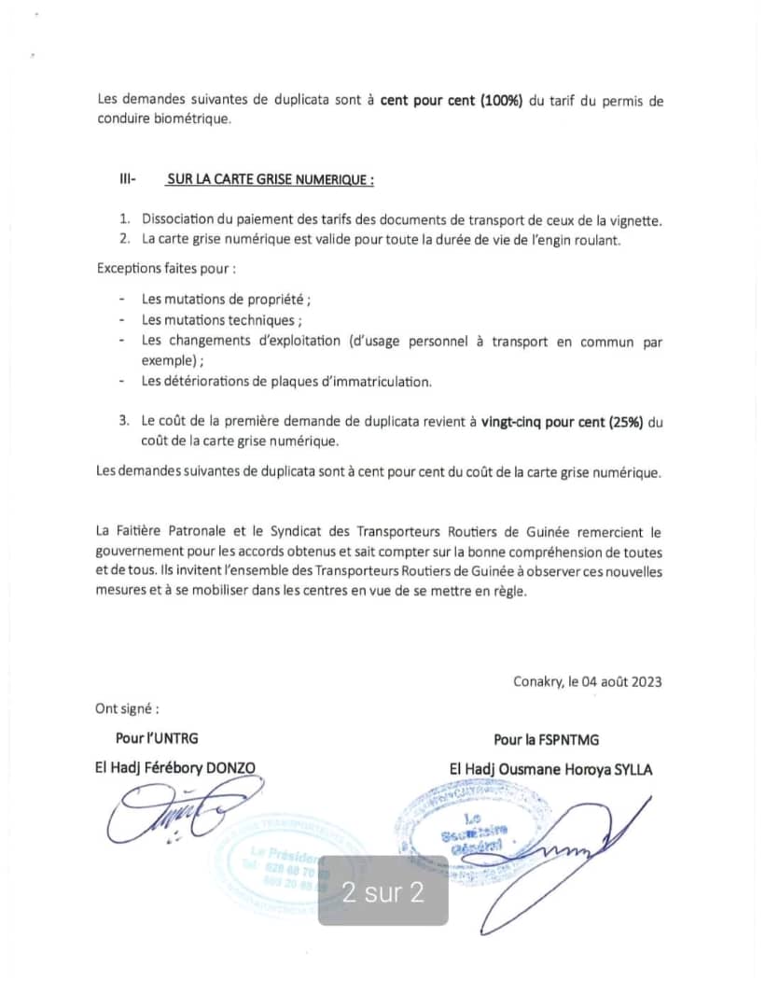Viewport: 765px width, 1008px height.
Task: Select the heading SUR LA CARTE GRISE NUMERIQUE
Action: pos(271,179)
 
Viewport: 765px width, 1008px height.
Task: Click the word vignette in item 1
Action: pos(634,220)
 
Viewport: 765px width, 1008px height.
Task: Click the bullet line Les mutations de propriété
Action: pos(226,300)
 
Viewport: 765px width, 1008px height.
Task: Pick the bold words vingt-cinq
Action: pos(514,422)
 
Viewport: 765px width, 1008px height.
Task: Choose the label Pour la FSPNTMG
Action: pos(546,739)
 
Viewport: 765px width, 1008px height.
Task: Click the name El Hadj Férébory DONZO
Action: pos(174,768)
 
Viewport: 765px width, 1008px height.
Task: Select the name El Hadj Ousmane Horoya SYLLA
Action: pos(550,769)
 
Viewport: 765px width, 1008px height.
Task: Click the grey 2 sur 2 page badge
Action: pos(383,892)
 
